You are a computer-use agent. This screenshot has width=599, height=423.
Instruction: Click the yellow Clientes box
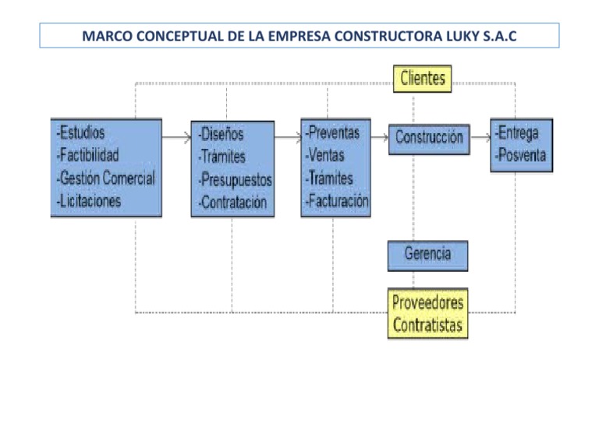421,78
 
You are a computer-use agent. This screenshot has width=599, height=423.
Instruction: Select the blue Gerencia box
428,254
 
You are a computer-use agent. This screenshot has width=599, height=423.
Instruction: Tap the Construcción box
429,138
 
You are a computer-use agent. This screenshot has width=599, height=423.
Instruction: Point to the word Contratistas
427,324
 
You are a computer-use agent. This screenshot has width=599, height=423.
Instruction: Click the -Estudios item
80,132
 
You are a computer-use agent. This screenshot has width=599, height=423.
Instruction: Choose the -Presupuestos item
235,180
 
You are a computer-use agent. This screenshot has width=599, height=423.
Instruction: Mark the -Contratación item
232,203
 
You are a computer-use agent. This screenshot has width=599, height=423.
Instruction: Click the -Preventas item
332,132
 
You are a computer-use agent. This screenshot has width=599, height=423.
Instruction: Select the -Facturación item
336,202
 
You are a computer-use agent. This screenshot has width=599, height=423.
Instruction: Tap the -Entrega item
516,132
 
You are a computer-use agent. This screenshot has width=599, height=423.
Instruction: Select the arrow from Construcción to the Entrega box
480,138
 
